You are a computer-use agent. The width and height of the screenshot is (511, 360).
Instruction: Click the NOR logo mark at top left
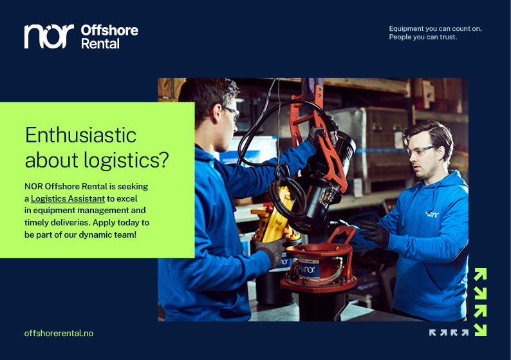pyautogui.click(x=49, y=36)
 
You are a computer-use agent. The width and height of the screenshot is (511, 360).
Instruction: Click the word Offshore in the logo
pyautogui.click(x=109, y=30)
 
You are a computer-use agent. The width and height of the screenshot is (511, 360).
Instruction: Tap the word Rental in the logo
pyautogui.click(x=100, y=44)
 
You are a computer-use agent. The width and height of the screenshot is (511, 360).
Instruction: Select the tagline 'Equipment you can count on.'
pyautogui.click(x=435, y=28)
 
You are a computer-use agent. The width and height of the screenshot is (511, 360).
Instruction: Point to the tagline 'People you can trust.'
pyautogui.click(x=423, y=37)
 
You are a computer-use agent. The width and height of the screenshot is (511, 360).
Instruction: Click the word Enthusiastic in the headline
pyautogui.click(x=80, y=135)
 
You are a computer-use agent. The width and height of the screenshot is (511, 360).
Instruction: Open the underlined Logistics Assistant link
pyautogui.click(x=68, y=198)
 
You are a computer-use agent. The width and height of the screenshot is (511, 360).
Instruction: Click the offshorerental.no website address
pyautogui.click(x=59, y=333)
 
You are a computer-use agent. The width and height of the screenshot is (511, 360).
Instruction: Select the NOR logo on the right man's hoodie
pyautogui.click(x=432, y=214)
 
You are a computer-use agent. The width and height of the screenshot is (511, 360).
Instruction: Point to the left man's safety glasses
pyautogui.click(x=230, y=113)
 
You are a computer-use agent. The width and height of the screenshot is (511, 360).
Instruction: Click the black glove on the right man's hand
pyautogui.click(x=375, y=233)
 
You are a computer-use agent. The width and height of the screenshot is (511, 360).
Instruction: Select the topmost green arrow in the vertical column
pyautogui.click(x=479, y=274)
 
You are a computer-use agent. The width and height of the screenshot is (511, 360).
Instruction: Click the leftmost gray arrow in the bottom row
pyautogui.click(x=433, y=332)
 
